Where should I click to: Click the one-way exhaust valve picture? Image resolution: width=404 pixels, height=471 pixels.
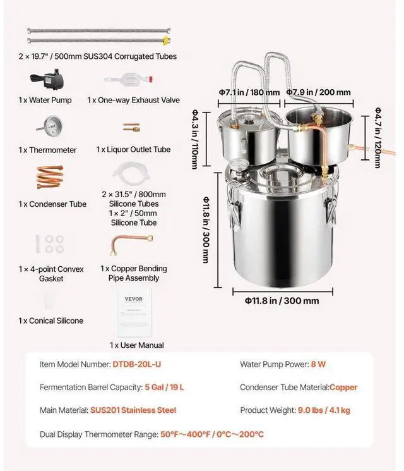click(133, 82)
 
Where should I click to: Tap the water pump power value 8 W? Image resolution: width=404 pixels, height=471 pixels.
click(318, 364)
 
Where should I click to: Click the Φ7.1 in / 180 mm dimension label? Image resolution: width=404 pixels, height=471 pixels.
click(249, 92)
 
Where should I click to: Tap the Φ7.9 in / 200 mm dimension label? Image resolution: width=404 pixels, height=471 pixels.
click(319, 92)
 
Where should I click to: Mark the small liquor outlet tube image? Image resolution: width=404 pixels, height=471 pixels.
click(131, 128)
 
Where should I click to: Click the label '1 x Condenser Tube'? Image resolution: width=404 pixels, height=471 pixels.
click(53, 204)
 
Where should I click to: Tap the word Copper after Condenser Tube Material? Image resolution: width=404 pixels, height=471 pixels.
click(343, 387)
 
